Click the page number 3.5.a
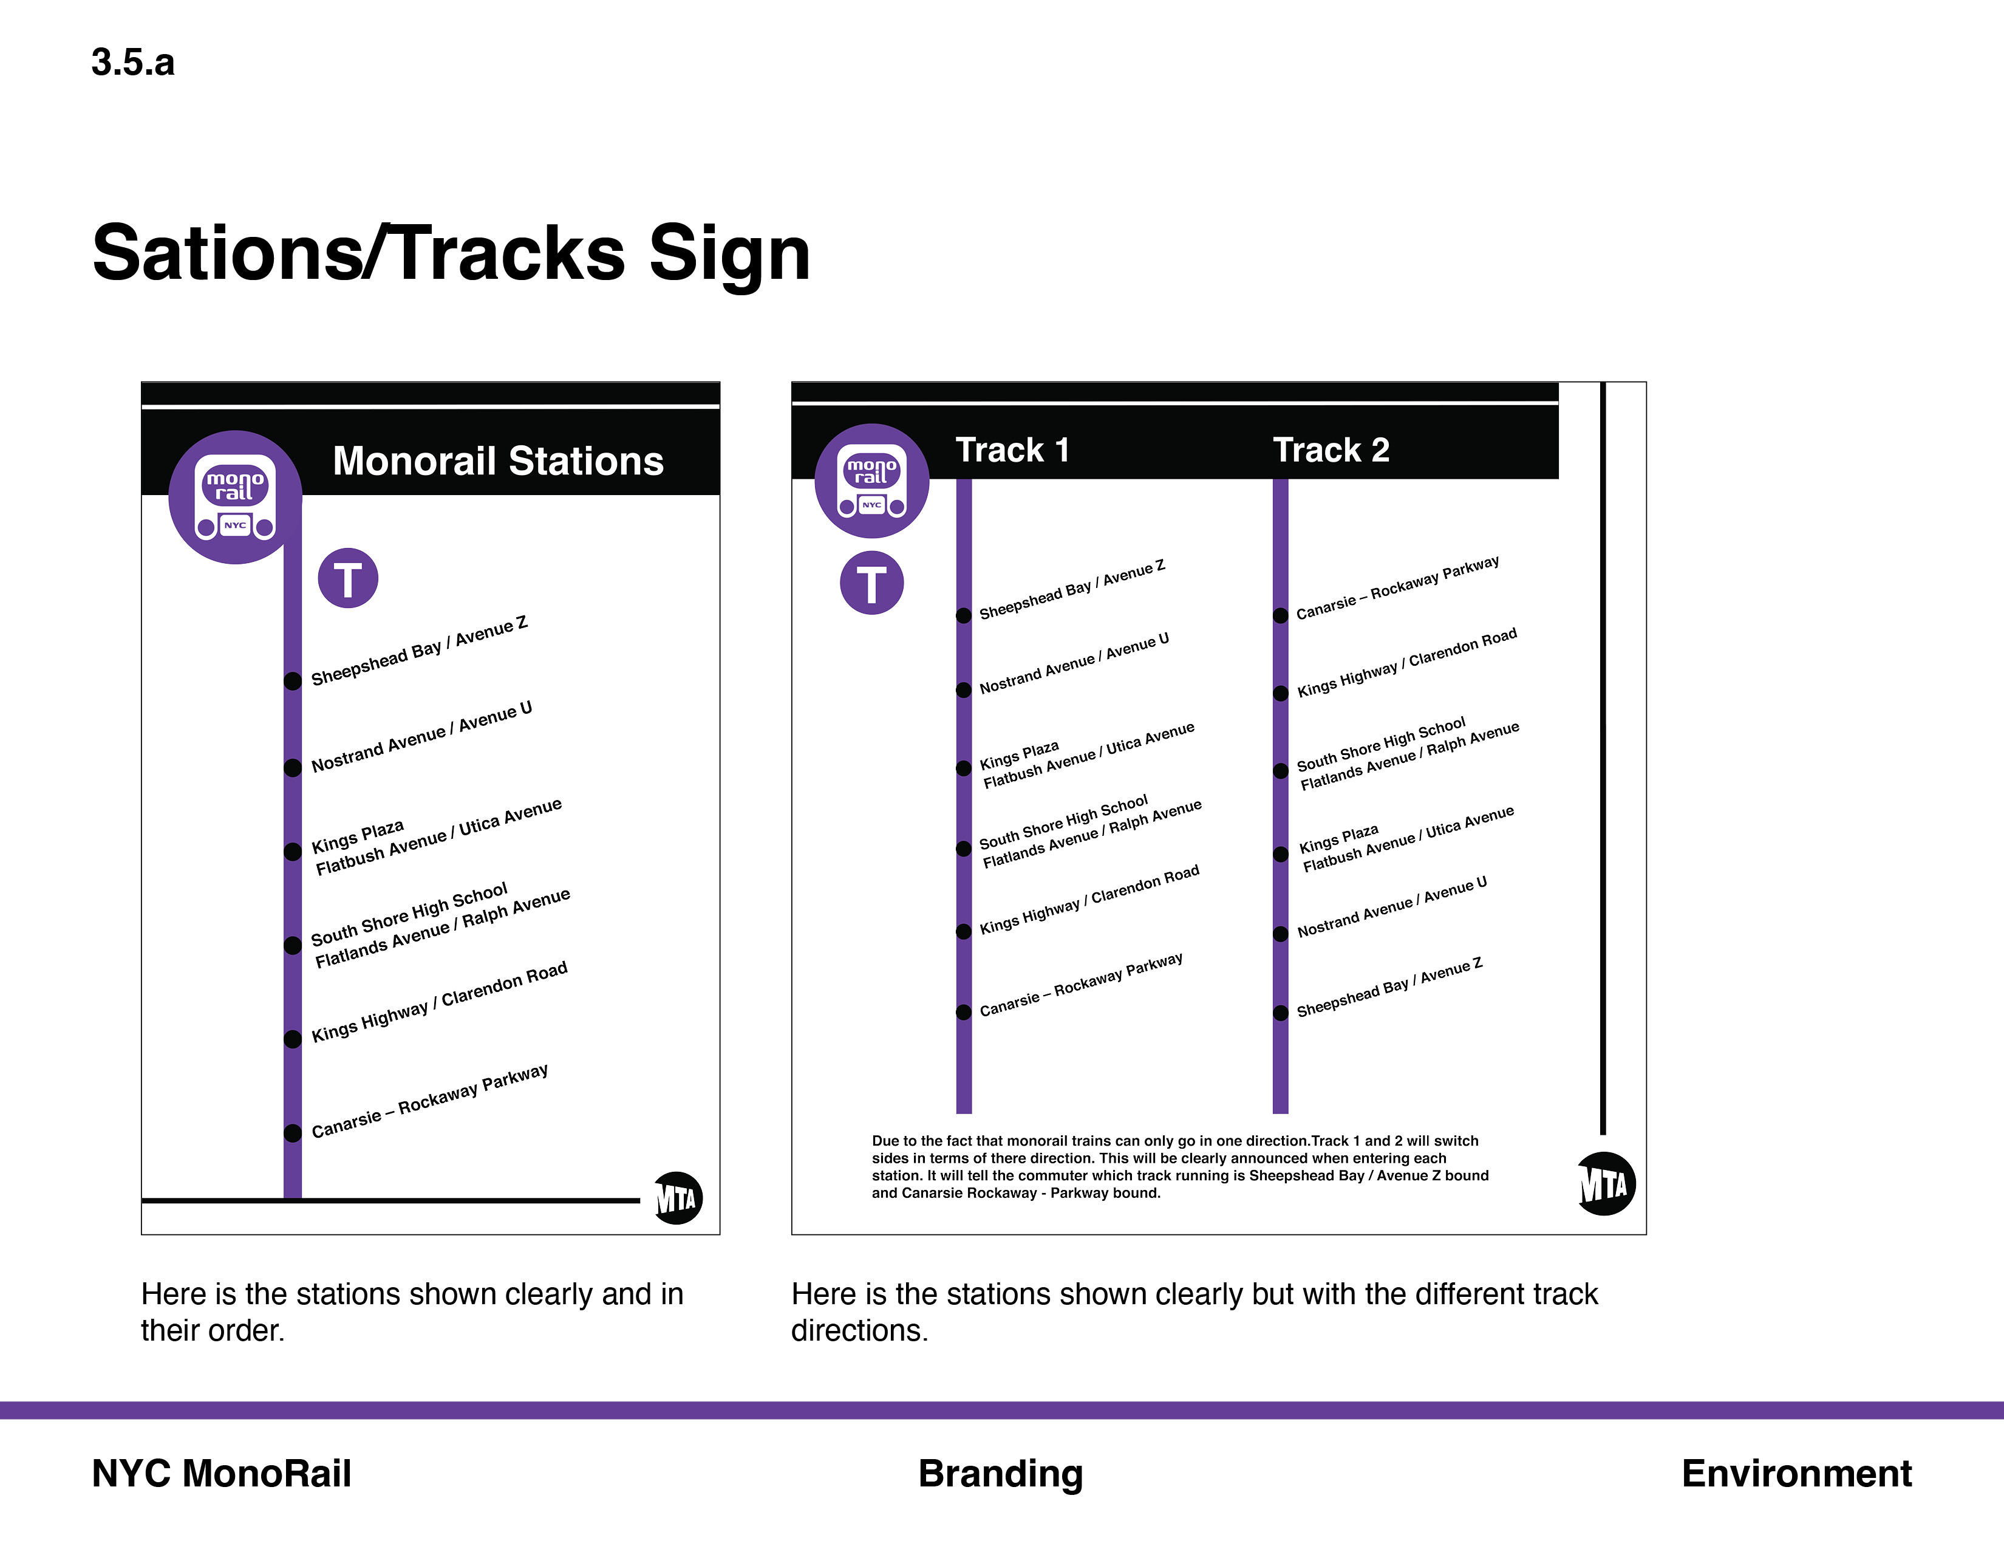click(133, 63)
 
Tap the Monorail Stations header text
click(498, 460)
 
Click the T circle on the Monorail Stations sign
click(348, 578)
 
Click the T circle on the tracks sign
click(871, 583)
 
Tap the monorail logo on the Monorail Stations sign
click(236, 496)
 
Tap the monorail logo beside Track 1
click(871, 481)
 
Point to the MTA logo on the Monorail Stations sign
click(677, 1197)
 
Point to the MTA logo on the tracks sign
click(1606, 1184)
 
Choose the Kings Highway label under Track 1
click(1089, 899)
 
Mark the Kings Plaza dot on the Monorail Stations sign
click(293, 852)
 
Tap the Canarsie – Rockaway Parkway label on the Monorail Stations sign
click(429, 1100)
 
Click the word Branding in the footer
click(1000, 1474)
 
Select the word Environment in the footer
click(1797, 1473)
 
